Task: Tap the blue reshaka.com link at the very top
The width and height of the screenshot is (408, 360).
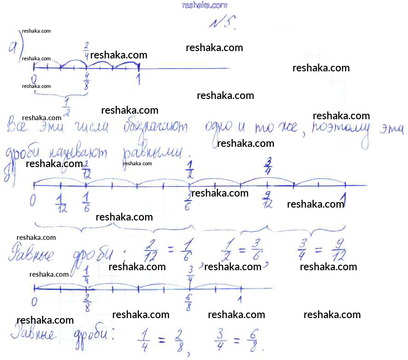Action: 205,5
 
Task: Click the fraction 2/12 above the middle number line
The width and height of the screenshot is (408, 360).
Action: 86,170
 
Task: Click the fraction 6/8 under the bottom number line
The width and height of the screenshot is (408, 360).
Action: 189,304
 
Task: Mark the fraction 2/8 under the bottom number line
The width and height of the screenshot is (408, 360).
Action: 86,304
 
